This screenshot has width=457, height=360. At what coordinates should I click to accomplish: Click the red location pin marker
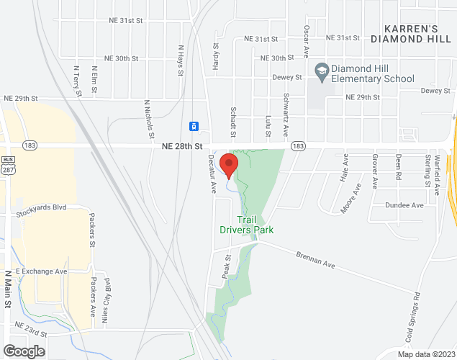229,165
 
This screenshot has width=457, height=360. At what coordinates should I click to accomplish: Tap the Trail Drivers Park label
247,225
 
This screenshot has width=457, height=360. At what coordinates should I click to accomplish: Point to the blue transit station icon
194,127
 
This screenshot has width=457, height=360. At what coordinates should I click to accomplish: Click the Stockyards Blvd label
41,207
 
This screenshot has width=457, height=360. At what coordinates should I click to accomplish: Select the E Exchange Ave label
41,271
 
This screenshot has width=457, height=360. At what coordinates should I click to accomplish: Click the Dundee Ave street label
404,205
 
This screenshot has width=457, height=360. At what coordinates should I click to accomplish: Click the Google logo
23,351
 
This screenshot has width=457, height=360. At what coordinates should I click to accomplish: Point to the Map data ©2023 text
426,354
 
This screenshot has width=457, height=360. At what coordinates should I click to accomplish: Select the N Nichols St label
149,120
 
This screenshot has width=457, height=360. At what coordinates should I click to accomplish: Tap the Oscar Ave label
306,41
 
